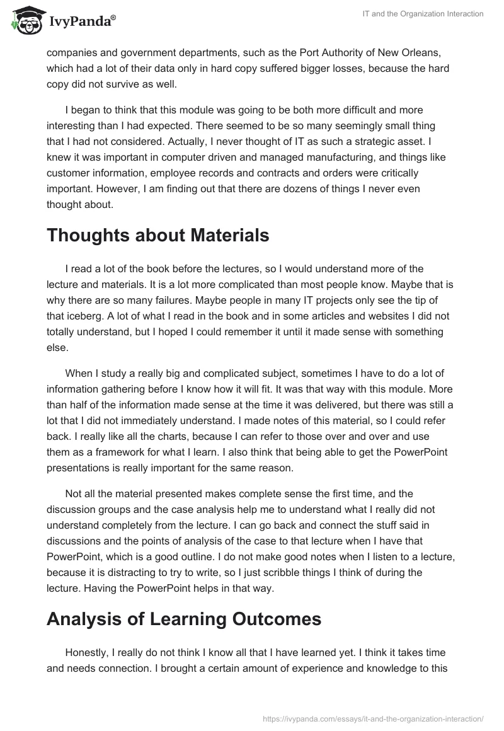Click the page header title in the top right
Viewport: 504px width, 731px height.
tap(427, 14)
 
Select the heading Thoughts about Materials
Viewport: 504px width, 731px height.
tap(158, 236)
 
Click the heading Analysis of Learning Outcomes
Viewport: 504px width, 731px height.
tap(184, 619)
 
